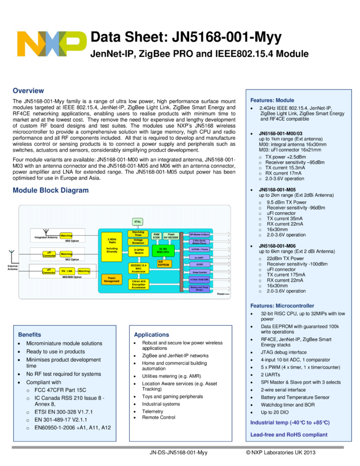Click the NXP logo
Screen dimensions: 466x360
(x=52, y=45)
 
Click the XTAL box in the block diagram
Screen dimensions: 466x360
(x=138, y=222)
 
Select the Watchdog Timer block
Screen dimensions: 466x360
(x=138, y=234)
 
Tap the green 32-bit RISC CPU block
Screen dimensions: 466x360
(x=163, y=251)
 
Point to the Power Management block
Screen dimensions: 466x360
(x=111, y=279)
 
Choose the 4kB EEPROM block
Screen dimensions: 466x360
(x=164, y=264)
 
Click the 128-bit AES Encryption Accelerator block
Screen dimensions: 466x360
(x=139, y=285)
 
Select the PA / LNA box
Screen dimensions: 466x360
(x=67, y=271)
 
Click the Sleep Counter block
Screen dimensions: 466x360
(x=199, y=272)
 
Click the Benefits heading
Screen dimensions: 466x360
(x=30, y=334)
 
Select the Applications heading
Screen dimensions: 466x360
(x=152, y=334)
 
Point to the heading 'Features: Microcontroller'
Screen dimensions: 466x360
(x=282, y=305)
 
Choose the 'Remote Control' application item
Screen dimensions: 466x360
(x=158, y=417)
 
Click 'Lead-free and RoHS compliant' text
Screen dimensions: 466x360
(x=289, y=435)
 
